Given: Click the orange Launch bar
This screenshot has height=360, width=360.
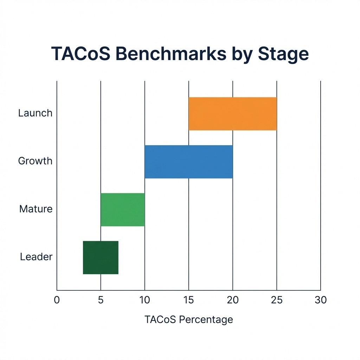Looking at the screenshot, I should (x=232, y=114).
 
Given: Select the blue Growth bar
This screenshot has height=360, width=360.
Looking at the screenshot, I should (x=188, y=162).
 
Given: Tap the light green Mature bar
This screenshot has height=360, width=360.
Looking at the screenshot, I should (x=122, y=210).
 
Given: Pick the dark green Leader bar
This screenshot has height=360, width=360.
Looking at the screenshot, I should (x=101, y=257).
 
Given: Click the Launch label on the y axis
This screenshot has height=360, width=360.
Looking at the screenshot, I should (x=35, y=113).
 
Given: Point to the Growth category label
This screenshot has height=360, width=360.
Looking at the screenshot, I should (x=35, y=161).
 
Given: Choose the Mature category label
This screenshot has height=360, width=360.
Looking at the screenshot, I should (x=36, y=209).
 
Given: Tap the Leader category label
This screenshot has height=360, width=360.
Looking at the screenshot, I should (x=36, y=257).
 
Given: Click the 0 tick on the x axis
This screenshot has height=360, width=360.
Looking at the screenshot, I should (x=57, y=300).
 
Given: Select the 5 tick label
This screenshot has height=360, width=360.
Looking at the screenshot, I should (x=101, y=300).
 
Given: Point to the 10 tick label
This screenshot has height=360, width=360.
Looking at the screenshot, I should (x=144, y=300).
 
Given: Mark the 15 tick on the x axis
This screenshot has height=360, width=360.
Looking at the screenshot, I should (x=188, y=300).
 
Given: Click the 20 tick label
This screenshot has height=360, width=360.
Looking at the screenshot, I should (x=233, y=300).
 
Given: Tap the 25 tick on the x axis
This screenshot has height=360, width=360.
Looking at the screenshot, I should (x=277, y=300).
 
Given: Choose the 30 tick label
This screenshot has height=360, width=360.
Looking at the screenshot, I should (x=321, y=300).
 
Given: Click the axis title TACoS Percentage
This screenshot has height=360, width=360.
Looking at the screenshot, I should (x=188, y=319).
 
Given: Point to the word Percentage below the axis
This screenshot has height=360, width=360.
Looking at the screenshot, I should (x=206, y=320).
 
